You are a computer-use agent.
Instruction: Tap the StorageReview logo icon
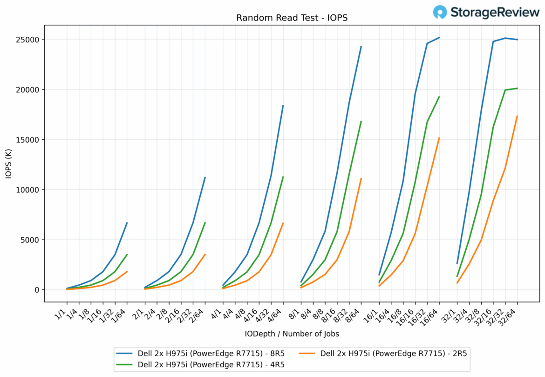tap(440, 12)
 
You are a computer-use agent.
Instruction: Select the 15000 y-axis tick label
tap(27, 140)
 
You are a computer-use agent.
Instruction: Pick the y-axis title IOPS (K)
tap(8, 165)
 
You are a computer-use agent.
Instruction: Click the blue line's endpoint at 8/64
tap(361, 47)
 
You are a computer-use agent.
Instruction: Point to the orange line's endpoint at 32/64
tap(517, 116)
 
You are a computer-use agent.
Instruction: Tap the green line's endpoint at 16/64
tap(439, 97)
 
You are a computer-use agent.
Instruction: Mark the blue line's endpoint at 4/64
tap(283, 105)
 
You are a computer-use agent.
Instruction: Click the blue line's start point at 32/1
tap(457, 263)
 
